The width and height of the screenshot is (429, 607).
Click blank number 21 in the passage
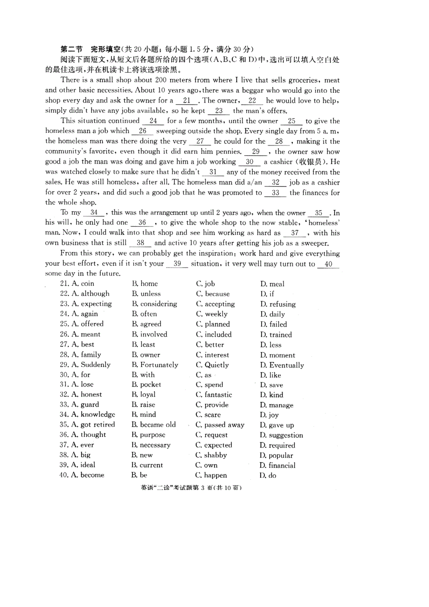pos(187,101)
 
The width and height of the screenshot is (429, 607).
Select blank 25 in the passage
pos(292,121)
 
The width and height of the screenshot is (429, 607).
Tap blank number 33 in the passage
pos(275,193)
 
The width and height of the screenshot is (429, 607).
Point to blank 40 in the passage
pos(328,264)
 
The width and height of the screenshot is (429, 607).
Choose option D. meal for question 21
pos(272,284)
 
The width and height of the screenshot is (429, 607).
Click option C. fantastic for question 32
pos(214,394)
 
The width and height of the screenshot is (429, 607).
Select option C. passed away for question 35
pos(220,425)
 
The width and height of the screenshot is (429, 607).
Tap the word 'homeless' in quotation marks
pos(321,223)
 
